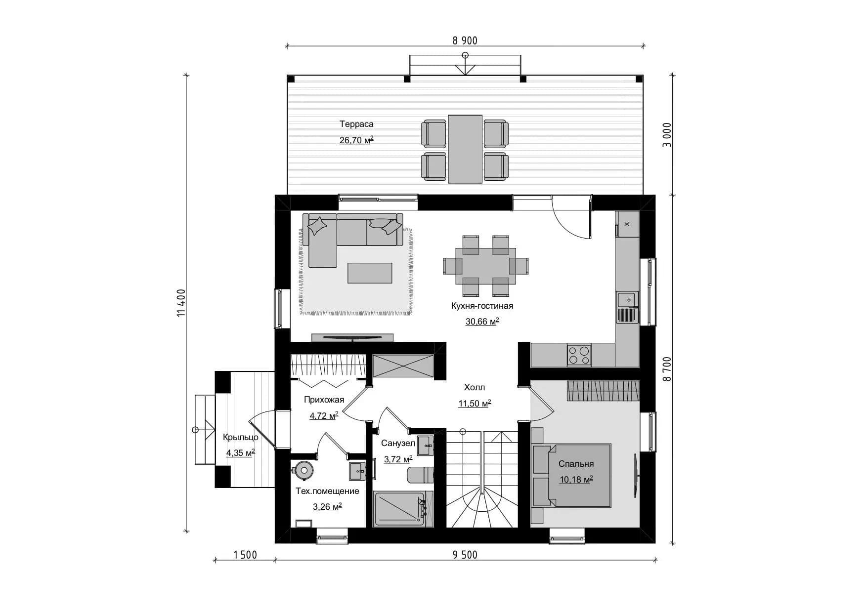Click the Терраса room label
pyautogui.click(x=356, y=124)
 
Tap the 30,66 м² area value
pyautogui.click(x=482, y=322)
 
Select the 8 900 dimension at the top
pyautogui.click(x=465, y=41)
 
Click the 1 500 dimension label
pyautogui.click(x=245, y=555)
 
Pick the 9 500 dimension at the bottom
pyautogui.click(x=465, y=555)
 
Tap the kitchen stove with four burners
pyautogui.click(x=579, y=355)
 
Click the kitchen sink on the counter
pyautogui.click(x=627, y=307)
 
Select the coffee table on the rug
pyautogui.click(x=370, y=273)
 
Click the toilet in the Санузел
pyautogui.click(x=420, y=475)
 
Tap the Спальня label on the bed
pyautogui.click(x=576, y=464)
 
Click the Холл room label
pyautogui.click(x=475, y=387)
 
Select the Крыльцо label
pyautogui.click(x=241, y=437)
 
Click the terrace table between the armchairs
pyautogui.click(x=465, y=149)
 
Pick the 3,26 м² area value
pyautogui.click(x=327, y=507)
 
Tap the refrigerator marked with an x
pyautogui.click(x=627, y=224)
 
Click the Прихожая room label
pyautogui.click(x=324, y=400)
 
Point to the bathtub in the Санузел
pyautogui.click(x=399, y=509)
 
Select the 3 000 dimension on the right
pyautogui.click(x=667, y=135)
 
